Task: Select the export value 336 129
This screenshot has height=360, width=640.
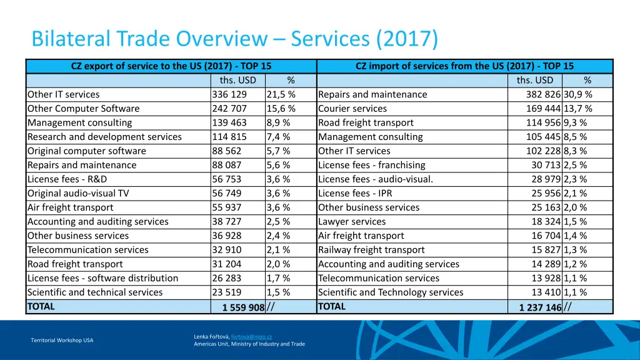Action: [229, 94]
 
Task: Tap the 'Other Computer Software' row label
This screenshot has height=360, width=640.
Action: [83, 109]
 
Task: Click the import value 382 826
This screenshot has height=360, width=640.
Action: [543, 94]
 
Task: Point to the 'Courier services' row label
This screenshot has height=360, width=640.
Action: [352, 109]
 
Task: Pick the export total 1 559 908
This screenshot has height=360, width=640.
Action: [243, 307]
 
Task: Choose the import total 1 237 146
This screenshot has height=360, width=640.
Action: [540, 307]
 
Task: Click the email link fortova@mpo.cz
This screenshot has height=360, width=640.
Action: [251, 336]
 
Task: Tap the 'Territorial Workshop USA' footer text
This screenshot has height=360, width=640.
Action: [62, 340]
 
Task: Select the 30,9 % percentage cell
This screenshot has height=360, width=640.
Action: [578, 94]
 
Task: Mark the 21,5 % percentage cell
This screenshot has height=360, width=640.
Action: [281, 94]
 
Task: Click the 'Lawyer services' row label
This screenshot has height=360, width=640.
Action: [352, 221]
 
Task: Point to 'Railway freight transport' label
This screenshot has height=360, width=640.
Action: [371, 250]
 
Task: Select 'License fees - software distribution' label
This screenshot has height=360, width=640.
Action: [102, 278]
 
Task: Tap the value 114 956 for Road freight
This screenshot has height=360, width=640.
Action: [543, 122]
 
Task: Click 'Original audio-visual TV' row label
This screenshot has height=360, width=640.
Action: [77, 193]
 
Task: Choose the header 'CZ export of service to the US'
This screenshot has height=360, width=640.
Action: [171, 66]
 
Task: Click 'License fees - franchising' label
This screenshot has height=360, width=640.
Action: [371, 165]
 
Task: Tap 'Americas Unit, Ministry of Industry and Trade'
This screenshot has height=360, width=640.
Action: [249, 344]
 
